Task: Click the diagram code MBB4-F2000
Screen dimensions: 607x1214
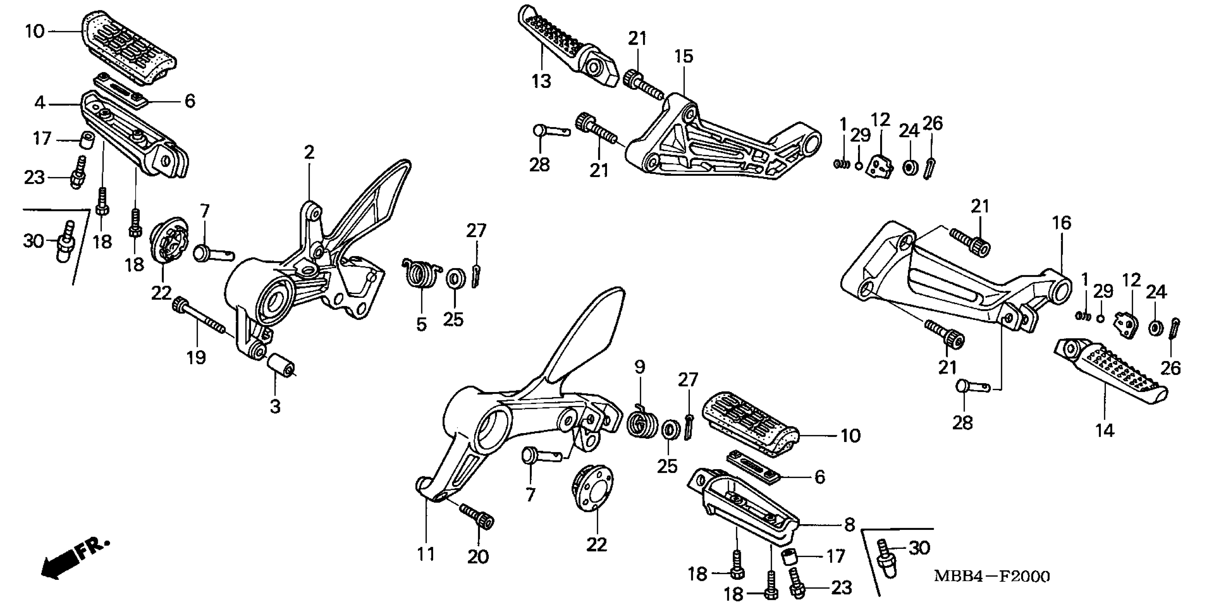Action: pyautogui.click(x=992, y=576)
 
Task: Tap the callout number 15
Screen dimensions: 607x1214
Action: pyautogui.click(x=684, y=56)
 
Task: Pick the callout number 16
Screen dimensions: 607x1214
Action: pyautogui.click(x=1062, y=222)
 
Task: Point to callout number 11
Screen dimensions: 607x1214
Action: pyautogui.click(x=426, y=554)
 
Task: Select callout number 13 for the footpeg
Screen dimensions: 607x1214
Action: pyautogui.click(x=541, y=81)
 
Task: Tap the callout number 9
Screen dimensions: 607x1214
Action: pyautogui.click(x=639, y=367)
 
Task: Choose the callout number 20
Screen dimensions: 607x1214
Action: pyautogui.click(x=478, y=557)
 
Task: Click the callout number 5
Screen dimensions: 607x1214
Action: pyautogui.click(x=421, y=324)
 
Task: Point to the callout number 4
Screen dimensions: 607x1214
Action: pyautogui.click(x=40, y=102)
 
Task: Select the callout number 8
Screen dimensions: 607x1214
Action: pyautogui.click(x=849, y=525)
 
